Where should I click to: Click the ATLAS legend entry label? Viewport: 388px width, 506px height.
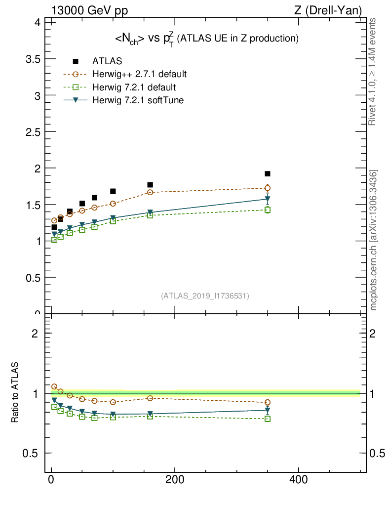(107, 61)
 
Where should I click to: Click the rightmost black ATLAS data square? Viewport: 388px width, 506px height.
(268, 174)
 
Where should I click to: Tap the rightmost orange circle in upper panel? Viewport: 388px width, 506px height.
(268, 188)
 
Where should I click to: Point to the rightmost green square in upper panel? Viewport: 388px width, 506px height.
(268, 210)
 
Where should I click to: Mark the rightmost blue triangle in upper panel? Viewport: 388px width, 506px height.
(268, 199)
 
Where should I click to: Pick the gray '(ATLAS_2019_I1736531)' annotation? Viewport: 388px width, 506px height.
(205, 296)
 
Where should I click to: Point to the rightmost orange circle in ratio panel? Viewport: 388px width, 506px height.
(268, 402)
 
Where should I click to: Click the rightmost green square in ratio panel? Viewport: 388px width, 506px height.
(268, 419)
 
